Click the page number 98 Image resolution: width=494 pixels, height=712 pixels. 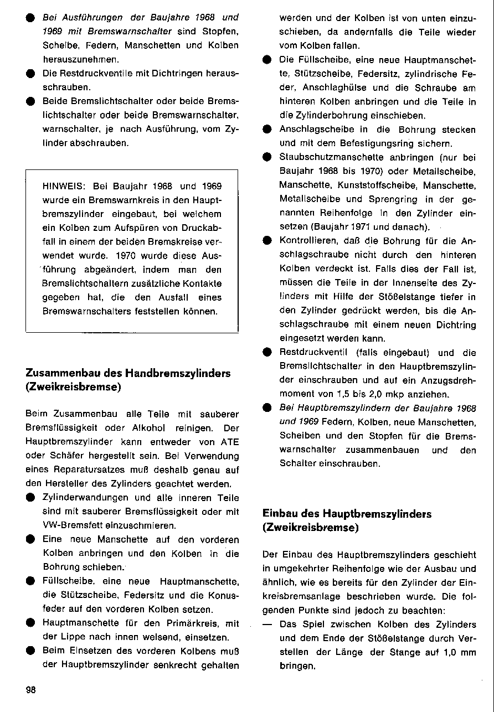[30, 689]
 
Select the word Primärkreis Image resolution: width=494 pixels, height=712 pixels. [203, 623]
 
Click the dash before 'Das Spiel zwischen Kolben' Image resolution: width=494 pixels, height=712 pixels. [267, 624]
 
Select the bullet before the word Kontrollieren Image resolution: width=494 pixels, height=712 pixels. [266, 241]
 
